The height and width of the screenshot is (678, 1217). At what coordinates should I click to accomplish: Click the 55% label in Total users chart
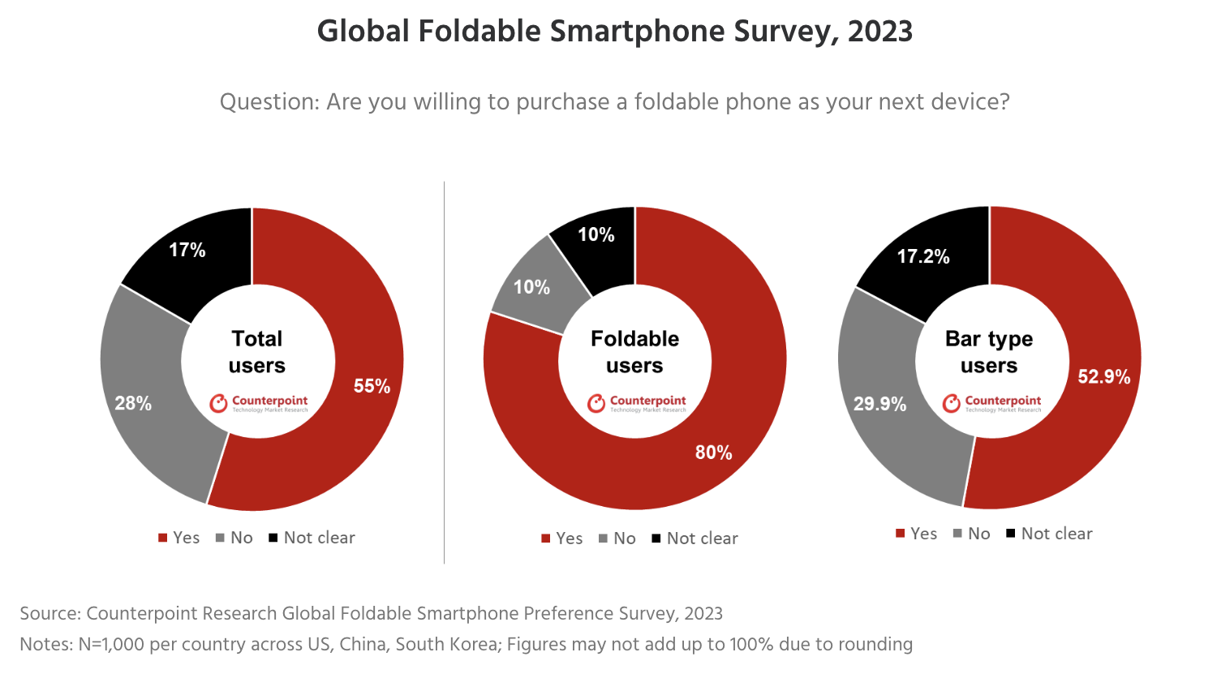(x=372, y=386)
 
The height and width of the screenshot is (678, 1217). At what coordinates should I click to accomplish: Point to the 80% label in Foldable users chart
(x=713, y=453)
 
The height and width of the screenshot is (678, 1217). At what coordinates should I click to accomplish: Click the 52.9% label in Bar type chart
(x=1103, y=376)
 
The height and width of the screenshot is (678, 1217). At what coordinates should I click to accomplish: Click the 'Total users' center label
(x=257, y=352)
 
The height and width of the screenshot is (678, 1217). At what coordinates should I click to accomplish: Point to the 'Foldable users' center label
(x=634, y=352)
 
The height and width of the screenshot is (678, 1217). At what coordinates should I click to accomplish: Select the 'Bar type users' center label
(x=989, y=352)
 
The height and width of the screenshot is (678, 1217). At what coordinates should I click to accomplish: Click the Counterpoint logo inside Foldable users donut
(x=637, y=403)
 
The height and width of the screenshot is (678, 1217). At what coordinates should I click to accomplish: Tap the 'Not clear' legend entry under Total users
(x=312, y=538)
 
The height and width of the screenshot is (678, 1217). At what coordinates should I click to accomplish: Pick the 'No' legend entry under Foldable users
(x=617, y=539)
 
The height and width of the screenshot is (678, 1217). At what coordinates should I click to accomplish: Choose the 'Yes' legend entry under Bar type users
(x=917, y=534)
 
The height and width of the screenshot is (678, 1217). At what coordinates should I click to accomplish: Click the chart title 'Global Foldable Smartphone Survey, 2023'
(x=614, y=32)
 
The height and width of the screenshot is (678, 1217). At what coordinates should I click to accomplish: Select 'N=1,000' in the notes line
(x=111, y=645)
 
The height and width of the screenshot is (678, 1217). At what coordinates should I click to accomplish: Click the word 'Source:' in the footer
(x=50, y=614)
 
